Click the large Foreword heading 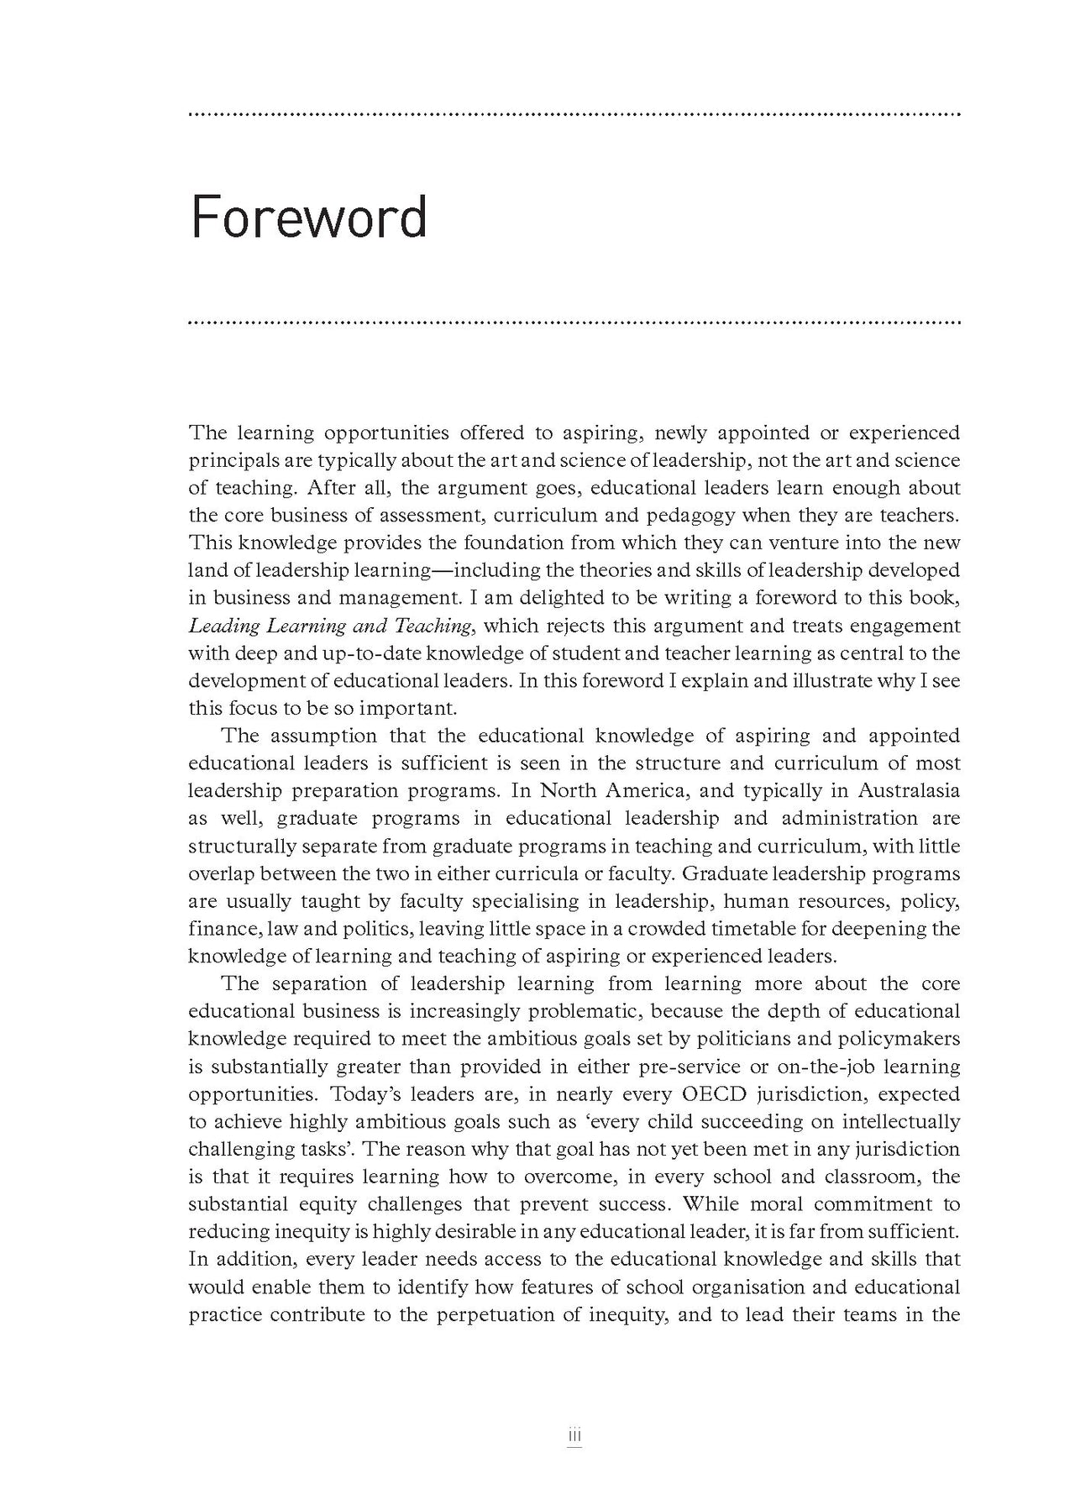tap(309, 218)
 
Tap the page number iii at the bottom tap(575, 1437)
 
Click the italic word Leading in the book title tap(224, 626)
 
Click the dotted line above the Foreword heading tap(575, 114)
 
